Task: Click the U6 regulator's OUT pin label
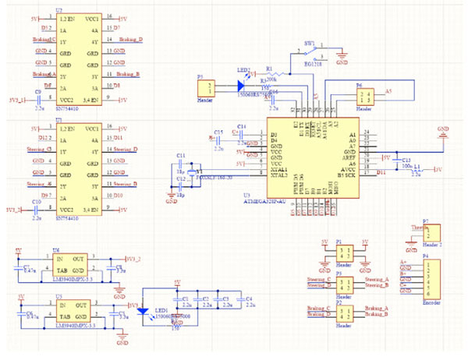(x=78, y=258)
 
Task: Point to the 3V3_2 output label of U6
(x=133, y=258)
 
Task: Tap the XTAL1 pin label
(x=278, y=169)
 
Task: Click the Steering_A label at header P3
(x=376, y=278)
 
